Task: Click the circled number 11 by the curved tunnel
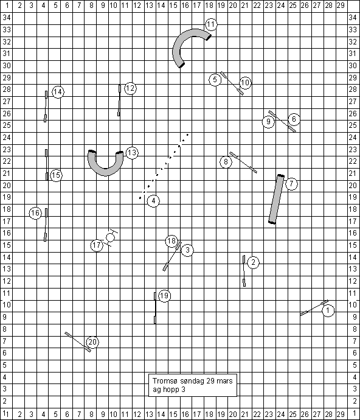[211, 24]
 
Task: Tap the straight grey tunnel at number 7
[276, 199]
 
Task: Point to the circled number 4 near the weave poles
[153, 201]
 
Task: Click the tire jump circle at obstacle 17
[110, 237]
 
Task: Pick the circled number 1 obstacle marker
[328, 310]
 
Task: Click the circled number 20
[92, 342]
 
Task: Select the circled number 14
[58, 92]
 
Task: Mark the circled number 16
[35, 213]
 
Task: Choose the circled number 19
[164, 296]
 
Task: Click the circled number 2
[253, 262]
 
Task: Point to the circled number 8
[226, 162]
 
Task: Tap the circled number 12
[130, 88]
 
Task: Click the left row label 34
[7, 18]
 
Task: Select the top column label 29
[341, 5]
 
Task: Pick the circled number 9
[268, 122]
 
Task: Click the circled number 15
[56, 175]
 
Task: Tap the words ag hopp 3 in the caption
[169, 390]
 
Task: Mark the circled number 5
[215, 80]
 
